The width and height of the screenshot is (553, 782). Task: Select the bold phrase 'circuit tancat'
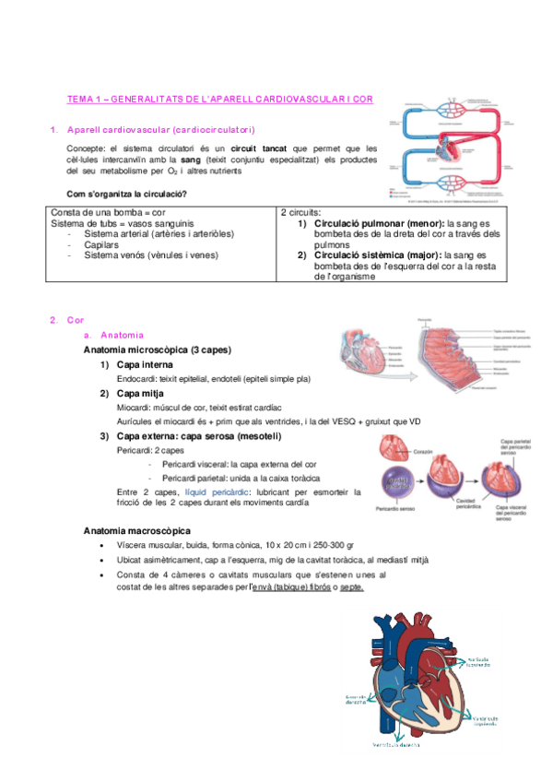click(x=255, y=148)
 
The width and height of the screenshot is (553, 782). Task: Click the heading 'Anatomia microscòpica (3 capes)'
click(x=157, y=350)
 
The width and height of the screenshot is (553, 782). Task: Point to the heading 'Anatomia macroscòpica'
click(x=136, y=531)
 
